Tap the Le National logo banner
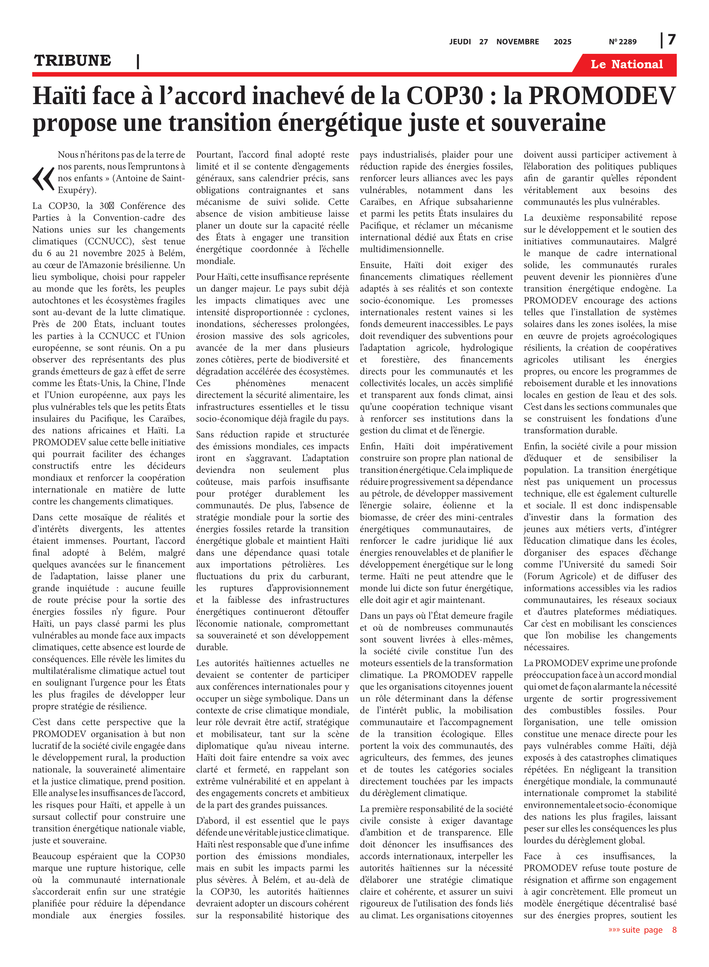click(x=626, y=64)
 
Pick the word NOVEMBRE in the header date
click(x=517, y=42)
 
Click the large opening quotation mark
click(x=44, y=179)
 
